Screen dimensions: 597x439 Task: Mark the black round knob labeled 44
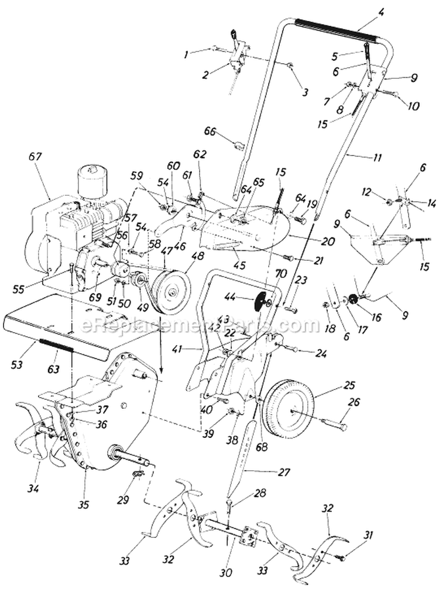click(x=260, y=302)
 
